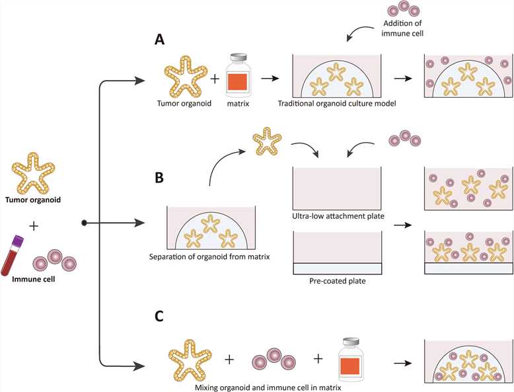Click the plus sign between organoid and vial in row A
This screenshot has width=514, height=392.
(214, 79)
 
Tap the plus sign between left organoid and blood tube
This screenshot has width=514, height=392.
(34, 226)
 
